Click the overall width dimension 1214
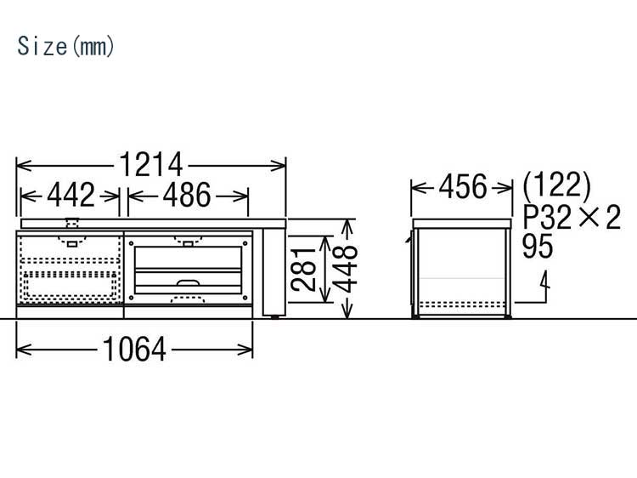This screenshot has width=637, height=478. point(150,165)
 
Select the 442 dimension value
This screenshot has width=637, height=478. point(70,196)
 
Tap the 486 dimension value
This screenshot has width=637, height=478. point(187,196)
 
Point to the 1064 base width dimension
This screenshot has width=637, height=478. point(134,349)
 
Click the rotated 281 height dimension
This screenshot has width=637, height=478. point(303,270)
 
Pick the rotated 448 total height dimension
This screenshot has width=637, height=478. point(346,269)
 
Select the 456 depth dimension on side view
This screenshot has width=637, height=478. point(463,187)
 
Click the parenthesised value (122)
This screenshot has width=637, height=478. point(556,185)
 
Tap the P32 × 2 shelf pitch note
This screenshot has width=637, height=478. point(572,217)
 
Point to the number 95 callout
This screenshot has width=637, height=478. point(538,246)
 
